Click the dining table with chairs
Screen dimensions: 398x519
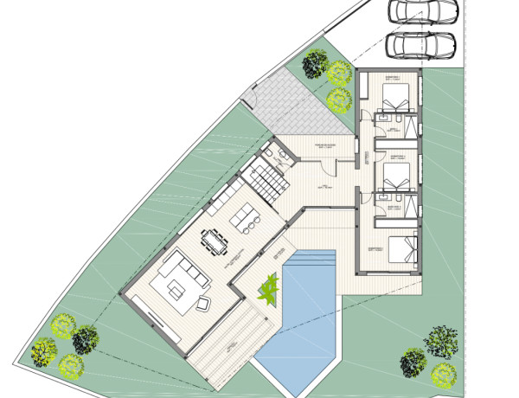coord(215,241)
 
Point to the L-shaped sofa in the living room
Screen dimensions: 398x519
coord(181,274)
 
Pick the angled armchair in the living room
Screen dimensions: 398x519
coord(206,302)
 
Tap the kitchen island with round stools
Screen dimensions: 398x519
coord(246,216)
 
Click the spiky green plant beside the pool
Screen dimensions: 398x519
coord(268,288)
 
